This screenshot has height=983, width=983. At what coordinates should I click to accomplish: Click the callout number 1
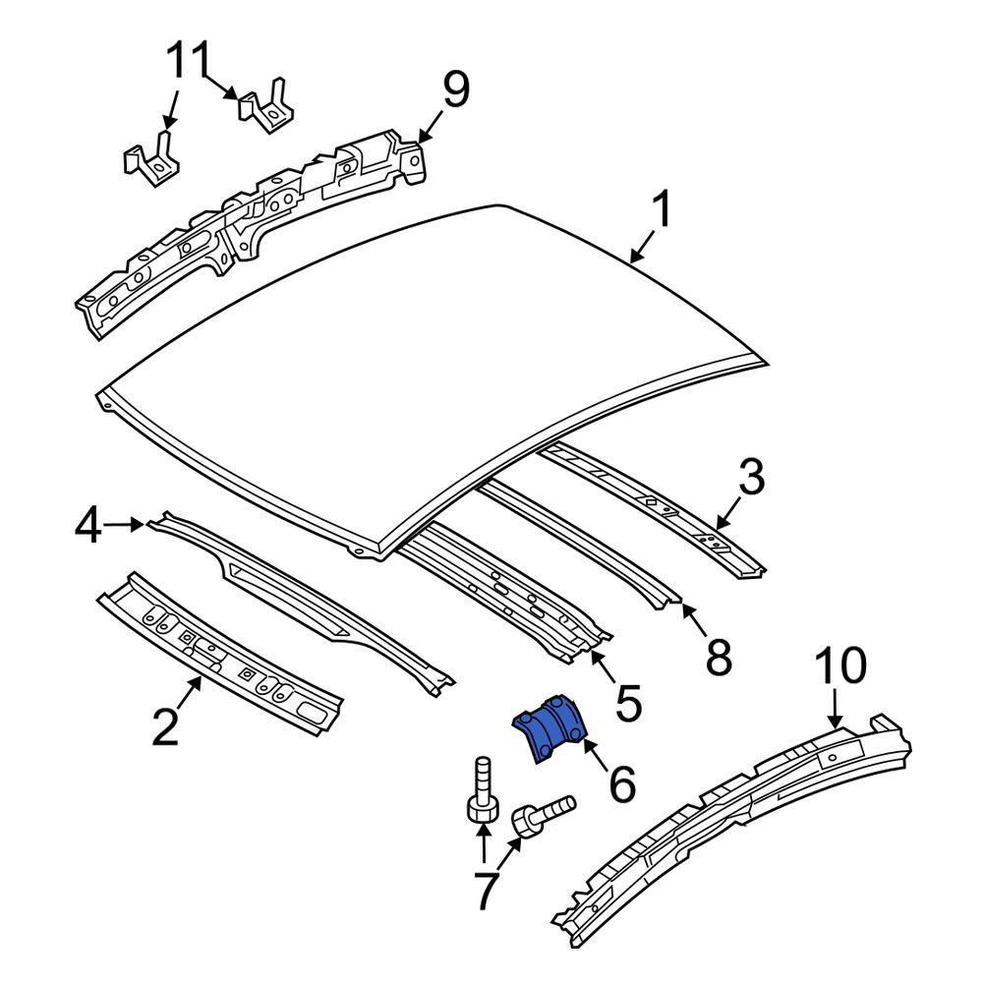661,209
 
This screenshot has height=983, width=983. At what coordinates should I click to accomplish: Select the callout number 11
188,60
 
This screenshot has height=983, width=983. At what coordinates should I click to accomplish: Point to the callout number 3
751,477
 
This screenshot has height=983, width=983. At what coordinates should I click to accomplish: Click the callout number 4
87,526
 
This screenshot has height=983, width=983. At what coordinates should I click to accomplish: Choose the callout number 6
622,782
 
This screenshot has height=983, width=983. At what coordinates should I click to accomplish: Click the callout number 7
488,891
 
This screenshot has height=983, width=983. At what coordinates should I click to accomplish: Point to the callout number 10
840,665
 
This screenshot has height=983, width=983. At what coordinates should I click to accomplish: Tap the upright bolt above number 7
484,790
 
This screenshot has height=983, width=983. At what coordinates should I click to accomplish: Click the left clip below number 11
149,160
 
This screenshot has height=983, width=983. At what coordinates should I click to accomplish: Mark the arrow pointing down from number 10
835,707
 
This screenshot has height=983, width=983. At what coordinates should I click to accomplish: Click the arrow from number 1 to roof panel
643,246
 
